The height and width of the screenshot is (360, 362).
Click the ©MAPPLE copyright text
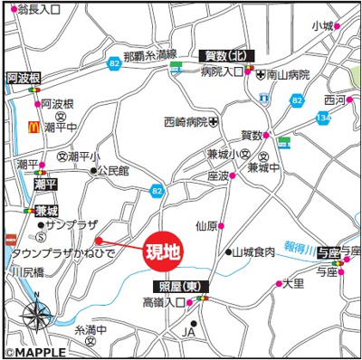click(32, 353)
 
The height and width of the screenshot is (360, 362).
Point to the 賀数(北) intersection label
click(228, 56)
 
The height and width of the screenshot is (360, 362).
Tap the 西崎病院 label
click(186, 120)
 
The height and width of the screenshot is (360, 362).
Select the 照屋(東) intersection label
click(178, 286)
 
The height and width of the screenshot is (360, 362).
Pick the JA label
click(189, 333)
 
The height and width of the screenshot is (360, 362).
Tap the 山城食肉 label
click(253, 251)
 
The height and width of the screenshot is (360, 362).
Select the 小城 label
click(323, 25)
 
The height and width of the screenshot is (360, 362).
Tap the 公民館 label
click(114, 169)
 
